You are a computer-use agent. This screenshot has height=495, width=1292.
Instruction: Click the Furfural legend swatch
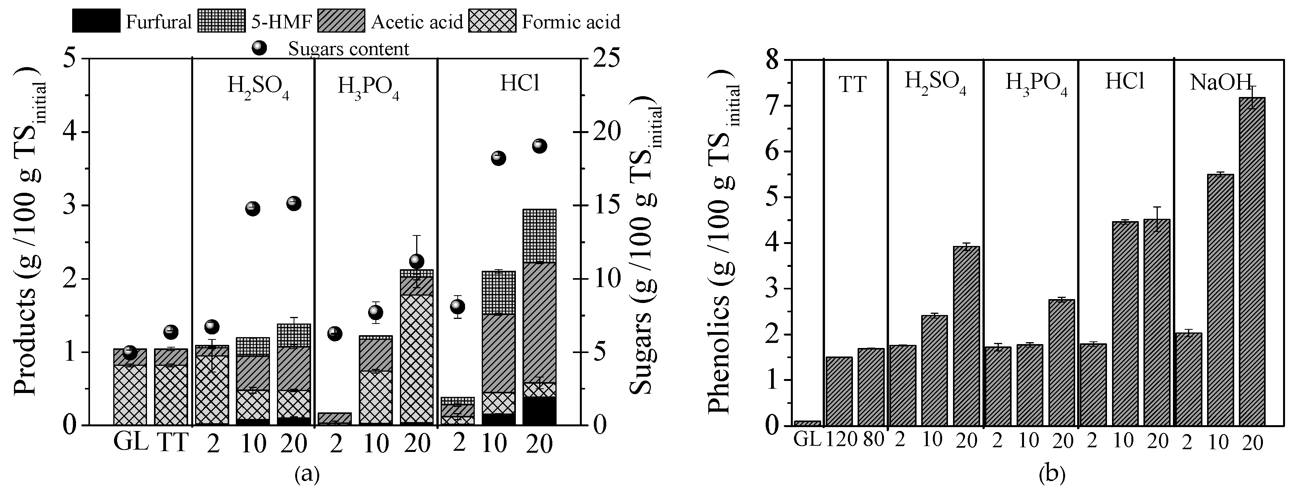point(96,21)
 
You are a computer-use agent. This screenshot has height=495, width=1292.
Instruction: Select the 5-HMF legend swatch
point(221,21)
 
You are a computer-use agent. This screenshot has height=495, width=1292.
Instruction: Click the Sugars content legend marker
point(259,48)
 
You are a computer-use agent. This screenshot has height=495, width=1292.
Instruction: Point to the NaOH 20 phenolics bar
point(1252,261)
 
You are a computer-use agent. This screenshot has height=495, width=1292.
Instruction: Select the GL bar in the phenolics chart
point(808,423)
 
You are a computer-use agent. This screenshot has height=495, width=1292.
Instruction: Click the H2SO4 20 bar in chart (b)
point(966,336)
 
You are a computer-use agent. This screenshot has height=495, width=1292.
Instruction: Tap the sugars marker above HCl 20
point(539,146)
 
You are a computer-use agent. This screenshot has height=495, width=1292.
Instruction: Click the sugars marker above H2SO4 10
point(253,209)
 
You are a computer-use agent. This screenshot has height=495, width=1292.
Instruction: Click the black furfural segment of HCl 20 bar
point(539,411)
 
